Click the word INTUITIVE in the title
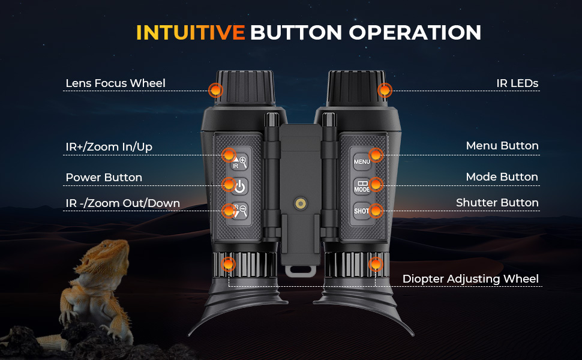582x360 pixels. [190, 32]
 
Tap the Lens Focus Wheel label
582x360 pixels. [115, 83]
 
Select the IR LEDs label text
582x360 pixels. [517, 83]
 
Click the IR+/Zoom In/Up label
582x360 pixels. [109, 147]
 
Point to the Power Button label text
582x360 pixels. [104, 178]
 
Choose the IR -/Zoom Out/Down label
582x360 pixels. [122, 203]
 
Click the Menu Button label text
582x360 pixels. [502, 145]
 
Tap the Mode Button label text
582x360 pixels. [502, 176]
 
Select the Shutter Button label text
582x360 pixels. [497, 203]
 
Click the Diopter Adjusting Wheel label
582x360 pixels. [470, 279]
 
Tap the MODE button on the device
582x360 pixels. [362, 186]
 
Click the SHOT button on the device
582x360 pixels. [362, 211]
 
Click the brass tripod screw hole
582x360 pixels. [300, 203]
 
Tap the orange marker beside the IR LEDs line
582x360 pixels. [385, 90]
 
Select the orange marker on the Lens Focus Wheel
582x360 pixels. [215, 90]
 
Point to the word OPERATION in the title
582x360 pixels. [415, 32]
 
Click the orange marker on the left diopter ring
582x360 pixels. [228, 264]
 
